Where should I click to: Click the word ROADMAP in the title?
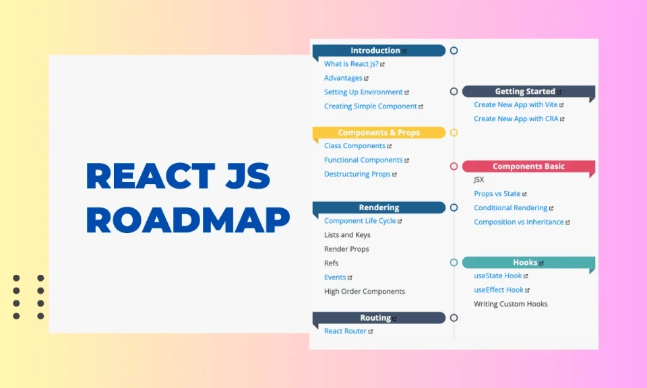click(x=188, y=219)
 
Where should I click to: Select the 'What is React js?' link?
click(x=351, y=64)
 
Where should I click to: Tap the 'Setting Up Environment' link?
click(x=363, y=92)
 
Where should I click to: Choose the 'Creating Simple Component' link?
click(x=371, y=106)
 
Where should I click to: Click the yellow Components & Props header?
click(x=379, y=133)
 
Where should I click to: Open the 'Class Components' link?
click(x=355, y=146)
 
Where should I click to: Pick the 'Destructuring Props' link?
click(x=357, y=174)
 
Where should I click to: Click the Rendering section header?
click(x=379, y=207)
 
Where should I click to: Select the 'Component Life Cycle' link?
click(x=360, y=221)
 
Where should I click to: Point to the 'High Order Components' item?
click(x=365, y=292)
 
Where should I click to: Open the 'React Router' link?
click(x=345, y=331)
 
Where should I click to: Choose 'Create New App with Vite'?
click(x=516, y=105)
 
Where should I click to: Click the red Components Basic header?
click(x=528, y=166)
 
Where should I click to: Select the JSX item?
click(x=479, y=180)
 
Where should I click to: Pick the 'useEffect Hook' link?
click(x=499, y=290)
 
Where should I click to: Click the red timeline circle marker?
click(x=454, y=166)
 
